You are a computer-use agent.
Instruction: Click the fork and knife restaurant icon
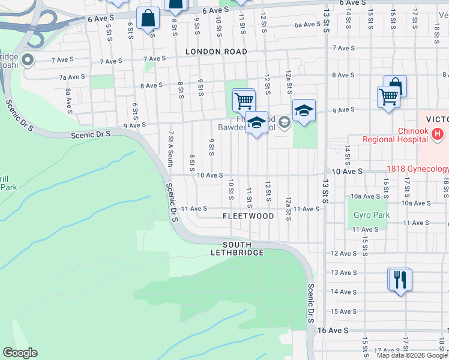point(399,280)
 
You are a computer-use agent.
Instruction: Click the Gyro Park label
point(372,215)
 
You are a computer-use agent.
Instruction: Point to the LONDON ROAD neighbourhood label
point(216,52)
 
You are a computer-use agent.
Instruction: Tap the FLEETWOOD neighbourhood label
point(248,216)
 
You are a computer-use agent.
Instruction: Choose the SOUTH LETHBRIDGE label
point(237,249)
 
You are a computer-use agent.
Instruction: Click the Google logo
point(20,353)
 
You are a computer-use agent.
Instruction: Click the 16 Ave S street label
point(333,331)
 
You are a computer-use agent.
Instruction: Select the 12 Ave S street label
point(344,253)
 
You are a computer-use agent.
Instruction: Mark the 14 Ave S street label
point(344,292)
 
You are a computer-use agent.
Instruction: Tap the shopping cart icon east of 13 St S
point(388,96)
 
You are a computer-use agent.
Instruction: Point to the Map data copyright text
point(411,355)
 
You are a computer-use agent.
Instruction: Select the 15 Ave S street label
point(344,311)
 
